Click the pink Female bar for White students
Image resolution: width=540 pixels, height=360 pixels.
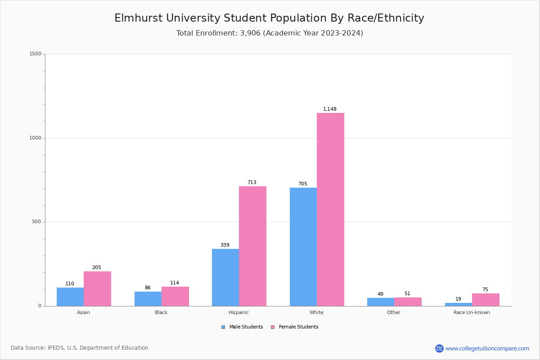tap(330, 209)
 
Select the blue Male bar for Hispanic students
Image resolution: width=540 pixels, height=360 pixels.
tap(225, 277)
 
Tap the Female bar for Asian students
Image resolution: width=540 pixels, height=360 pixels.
tap(97, 288)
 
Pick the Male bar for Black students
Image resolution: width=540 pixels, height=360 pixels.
tap(148, 299)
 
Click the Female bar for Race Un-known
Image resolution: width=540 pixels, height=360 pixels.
tap(486, 300)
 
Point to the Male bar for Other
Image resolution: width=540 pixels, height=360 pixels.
tap(381, 302)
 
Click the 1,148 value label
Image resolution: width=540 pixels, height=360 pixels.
tap(330, 109)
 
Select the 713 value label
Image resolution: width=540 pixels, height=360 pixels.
tap(252, 183)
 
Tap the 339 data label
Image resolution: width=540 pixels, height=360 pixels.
tap(225, 245)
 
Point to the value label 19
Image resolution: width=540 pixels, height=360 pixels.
tap(458, 299)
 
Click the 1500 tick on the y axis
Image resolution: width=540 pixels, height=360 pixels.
tap(35, 54)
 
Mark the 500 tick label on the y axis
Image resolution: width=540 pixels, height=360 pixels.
tap(36, 222)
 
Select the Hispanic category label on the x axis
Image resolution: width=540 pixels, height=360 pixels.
tap(238, 313)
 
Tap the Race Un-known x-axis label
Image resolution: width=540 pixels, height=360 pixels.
tap(472, 313)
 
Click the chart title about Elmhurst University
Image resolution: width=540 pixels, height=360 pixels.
tap(269, 18)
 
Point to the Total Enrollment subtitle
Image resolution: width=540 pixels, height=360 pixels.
tap(270, 33)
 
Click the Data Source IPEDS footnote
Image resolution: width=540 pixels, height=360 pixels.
tap(80, 348)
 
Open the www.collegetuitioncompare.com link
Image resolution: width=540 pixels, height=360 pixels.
tap(487, 349)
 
